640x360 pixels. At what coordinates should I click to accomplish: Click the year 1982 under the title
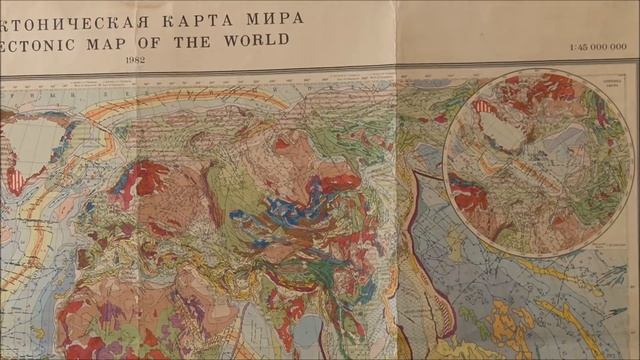click(136, 62)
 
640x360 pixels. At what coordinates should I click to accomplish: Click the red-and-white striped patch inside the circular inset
click(483, 105)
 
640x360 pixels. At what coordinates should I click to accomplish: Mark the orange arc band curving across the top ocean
click(200, 100)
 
